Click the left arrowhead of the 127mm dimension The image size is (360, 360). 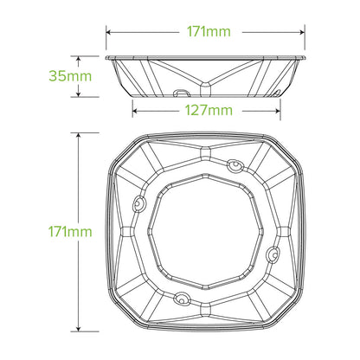click(x=135, y=110)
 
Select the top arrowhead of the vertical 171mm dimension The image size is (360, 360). click(x=79, y=136)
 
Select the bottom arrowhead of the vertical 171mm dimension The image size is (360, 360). click(x=79, y=330)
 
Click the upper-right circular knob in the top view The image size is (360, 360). click(x=235, y=164)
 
